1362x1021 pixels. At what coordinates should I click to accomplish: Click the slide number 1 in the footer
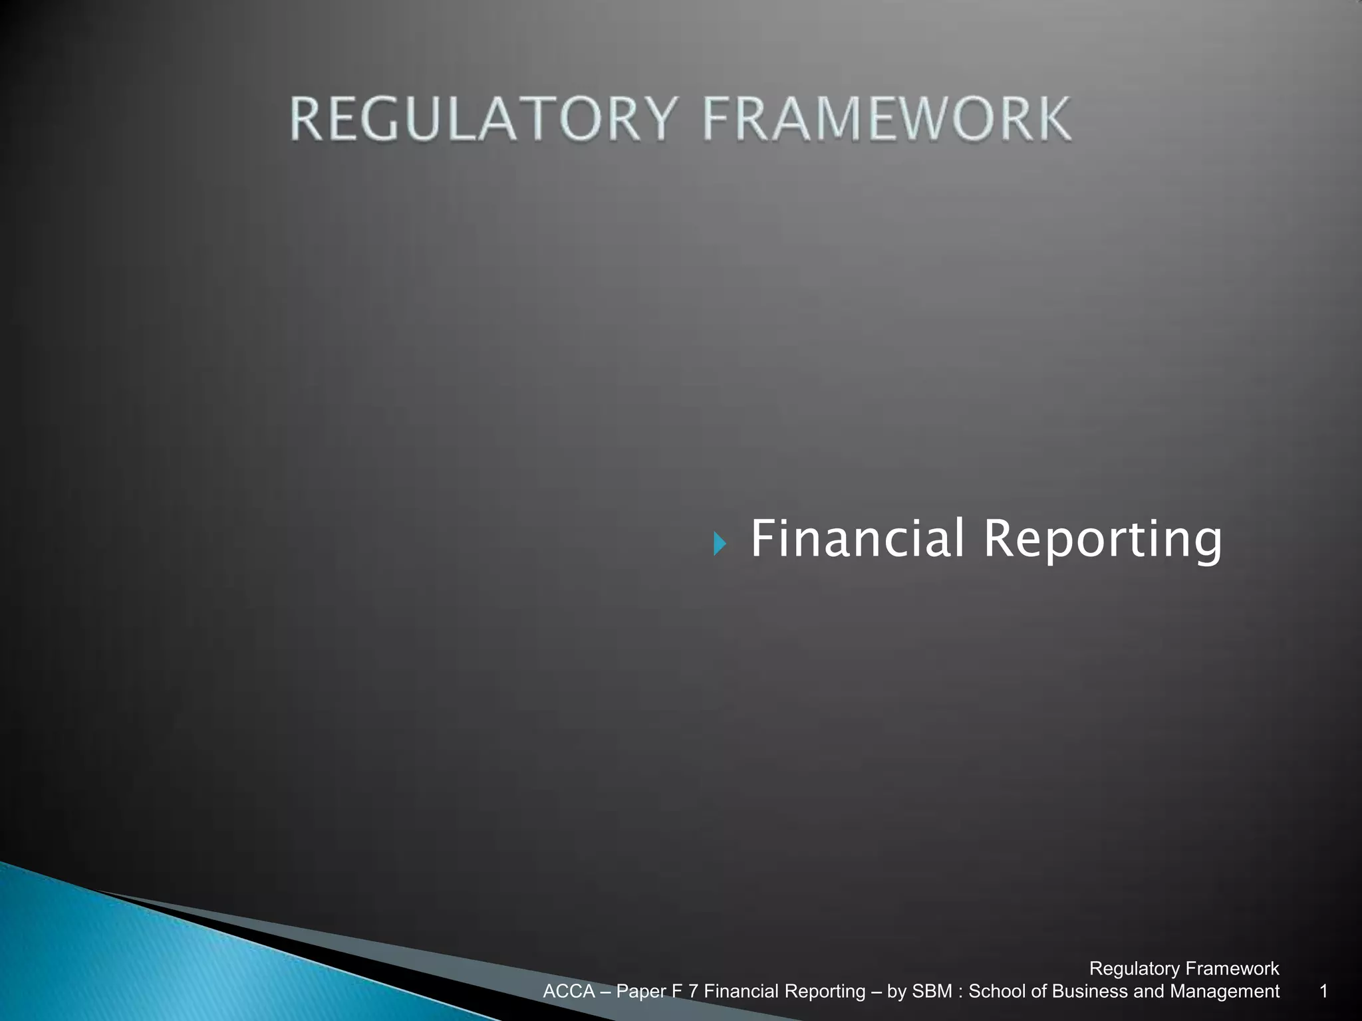pyautogui.click(x=1323, y=992)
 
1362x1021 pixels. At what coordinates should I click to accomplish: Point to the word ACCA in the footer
pyautogui.click(x=569, y=992)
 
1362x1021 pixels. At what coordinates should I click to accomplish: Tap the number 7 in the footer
pyautogui.click(x=693, y=992)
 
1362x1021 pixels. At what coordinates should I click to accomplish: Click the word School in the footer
pyautogui.click(x=994, y=992)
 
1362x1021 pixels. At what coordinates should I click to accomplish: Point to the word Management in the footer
pyautogui.click(x=1224, y=992)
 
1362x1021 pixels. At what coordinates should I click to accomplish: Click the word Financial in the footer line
pyautogui.click(x=742, y=992)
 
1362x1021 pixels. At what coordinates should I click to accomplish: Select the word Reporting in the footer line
pyautogui.click(x=825, y=992)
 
